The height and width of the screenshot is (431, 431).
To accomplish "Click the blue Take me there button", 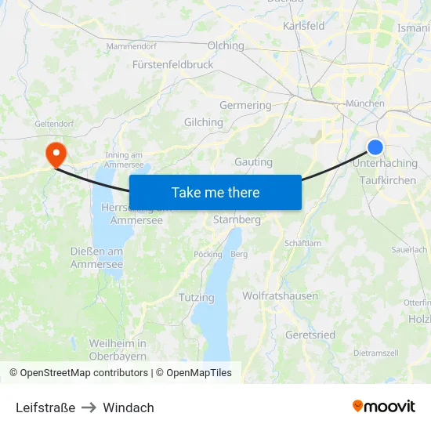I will point(215,192).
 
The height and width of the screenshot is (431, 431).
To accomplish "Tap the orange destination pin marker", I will point(56,152).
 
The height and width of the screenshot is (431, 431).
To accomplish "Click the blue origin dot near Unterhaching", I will point(375,147).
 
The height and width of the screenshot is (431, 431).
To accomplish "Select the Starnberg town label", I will point(237,219).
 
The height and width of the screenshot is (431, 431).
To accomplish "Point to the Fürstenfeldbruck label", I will point(173,64).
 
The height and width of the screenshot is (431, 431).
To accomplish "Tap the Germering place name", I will point(245,105).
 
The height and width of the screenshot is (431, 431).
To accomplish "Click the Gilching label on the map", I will point(203,122).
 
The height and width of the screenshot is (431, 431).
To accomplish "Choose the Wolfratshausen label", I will point(281,295).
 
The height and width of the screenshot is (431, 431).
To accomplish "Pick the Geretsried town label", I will point(311,335).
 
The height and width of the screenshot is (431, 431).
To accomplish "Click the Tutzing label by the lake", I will point(196,298).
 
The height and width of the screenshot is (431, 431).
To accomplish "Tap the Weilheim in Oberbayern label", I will point(118,350).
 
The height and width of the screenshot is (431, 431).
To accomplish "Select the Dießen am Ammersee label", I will point(96,258).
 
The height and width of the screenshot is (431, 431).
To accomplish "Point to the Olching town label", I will point(226,45).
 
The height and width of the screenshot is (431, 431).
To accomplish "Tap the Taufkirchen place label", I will point(388,180).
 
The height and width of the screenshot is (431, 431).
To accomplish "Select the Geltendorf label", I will point(54,124).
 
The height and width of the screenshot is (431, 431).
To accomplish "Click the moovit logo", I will point(383,406).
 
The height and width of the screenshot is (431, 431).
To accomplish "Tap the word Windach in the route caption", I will point(129,407).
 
